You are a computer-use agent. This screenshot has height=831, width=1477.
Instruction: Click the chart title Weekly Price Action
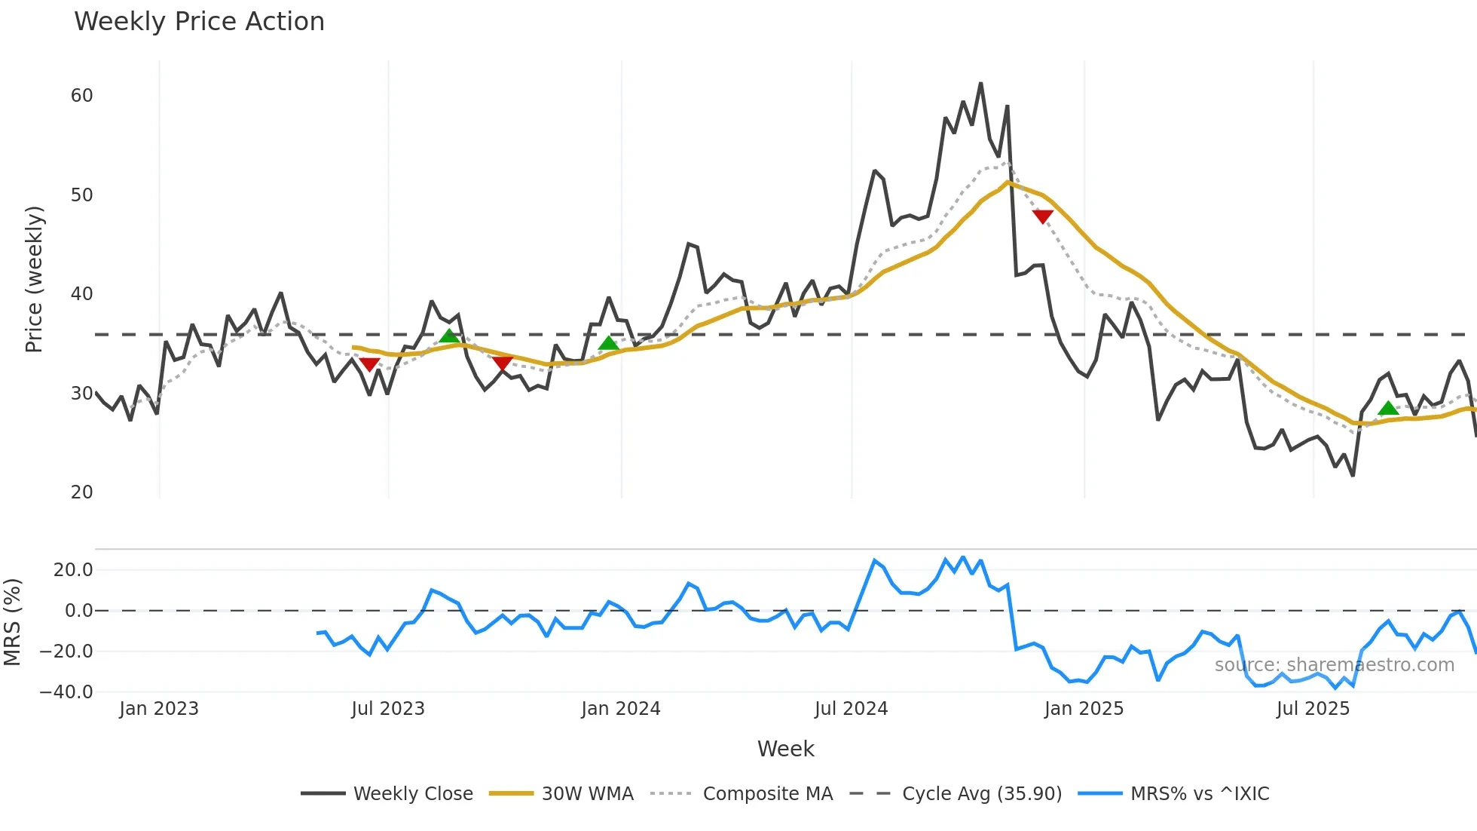click(199, 22)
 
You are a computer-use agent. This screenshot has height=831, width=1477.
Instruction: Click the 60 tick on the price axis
click(81, 96)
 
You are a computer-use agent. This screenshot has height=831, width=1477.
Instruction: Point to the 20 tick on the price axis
click(81, 492)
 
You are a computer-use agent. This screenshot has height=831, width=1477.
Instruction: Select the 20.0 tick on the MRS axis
click(73, 570)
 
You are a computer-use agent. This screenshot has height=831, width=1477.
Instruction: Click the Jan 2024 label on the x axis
click(620, 709)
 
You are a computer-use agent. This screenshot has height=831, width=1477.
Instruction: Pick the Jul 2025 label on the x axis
click(1313, 709)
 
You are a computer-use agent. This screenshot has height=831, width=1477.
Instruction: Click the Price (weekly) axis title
click(34, 279)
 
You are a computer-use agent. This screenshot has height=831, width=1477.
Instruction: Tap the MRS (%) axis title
click(12, 622)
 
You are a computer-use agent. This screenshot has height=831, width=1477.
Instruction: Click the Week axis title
click(785, 749)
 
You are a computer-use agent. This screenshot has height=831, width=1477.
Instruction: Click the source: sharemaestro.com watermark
click(1334, 664)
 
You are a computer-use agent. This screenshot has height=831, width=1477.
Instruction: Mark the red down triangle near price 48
click(1042, 216)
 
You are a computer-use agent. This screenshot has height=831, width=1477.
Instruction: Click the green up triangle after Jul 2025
click(1388, 409)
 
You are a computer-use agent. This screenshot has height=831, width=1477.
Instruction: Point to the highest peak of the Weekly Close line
click(980, 84)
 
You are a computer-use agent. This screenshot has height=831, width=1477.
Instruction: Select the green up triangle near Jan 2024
click(608, 343)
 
